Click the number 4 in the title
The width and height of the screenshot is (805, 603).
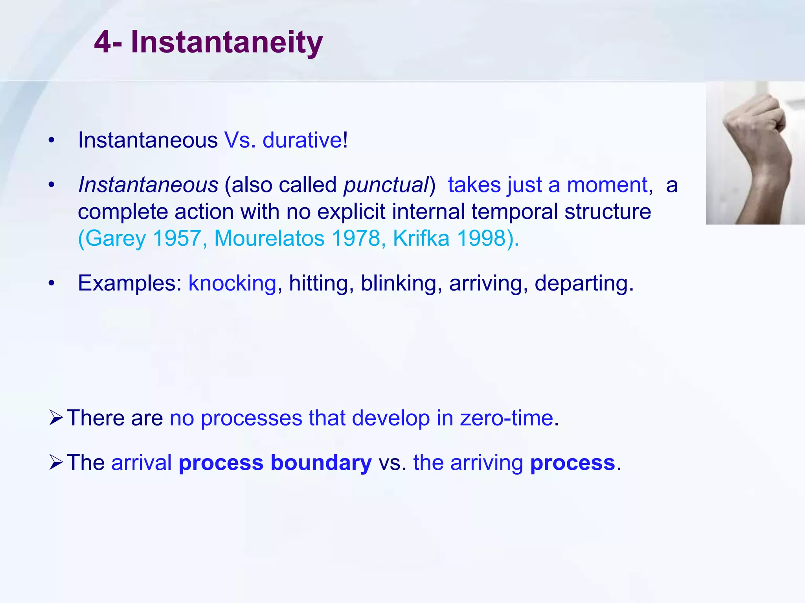(103, 42)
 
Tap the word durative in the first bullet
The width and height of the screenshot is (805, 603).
(302, 140)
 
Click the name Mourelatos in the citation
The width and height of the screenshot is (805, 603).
(269, 238)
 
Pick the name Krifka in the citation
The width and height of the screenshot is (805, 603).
(421, 238)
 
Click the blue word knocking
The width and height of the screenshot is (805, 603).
(232, 283)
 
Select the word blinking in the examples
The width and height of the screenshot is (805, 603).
(398, 283)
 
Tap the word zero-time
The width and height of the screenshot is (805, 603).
(507, 418)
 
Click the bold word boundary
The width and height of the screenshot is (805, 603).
(321, 463)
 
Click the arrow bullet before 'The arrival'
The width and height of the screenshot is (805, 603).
(56, 462)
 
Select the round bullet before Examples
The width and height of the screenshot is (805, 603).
(51, 283)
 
